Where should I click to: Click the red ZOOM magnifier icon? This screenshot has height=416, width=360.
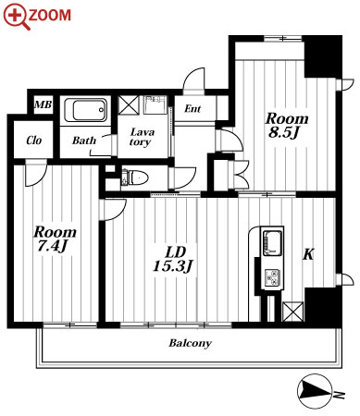[16, 16]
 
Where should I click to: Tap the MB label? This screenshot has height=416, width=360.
[43, 104]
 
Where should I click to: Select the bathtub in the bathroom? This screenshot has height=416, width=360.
[86, 110]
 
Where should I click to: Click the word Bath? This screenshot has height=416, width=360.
[84, 141]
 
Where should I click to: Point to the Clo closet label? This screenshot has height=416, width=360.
[34, 141]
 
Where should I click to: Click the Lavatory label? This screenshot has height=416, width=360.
[142, 137]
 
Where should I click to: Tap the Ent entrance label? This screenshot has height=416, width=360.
[192, 108]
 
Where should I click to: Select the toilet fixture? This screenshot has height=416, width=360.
[135, 177]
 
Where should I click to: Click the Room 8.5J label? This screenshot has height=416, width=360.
[287, 126]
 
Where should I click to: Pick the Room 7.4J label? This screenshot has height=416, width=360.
[55, 239]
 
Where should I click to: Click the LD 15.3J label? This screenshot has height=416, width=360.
[173, 259]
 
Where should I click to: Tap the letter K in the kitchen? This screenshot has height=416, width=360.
[308, 254]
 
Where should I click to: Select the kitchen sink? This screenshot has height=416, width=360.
[272, 243]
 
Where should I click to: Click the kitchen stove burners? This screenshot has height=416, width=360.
[272, 277]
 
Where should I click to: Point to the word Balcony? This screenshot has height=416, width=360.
[191, 343]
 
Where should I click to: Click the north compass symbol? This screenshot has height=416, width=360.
[316, 392]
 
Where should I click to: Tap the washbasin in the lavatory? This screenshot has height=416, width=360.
[155, 104]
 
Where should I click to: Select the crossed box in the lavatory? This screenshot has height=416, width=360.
[129, 105]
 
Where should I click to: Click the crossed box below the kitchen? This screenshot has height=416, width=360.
[292, 312]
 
